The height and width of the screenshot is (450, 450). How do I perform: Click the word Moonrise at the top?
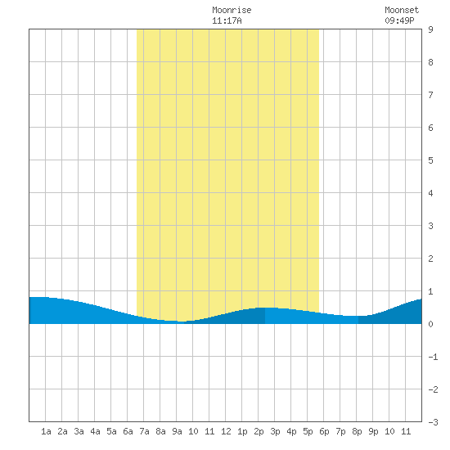coord(232,10)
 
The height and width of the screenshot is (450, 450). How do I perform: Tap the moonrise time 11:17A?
coord(227,20)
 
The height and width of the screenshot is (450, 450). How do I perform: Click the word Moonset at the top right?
coord(402,10)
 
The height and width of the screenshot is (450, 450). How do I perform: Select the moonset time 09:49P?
coord(399,20)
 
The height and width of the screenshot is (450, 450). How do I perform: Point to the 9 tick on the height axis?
coord(430,29)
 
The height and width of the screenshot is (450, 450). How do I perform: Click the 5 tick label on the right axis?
coord(430,160)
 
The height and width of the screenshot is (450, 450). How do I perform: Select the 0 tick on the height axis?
coord(430,324)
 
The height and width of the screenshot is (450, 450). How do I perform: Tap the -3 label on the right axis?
coord(433,422)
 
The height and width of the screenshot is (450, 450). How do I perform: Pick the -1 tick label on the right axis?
coord(433,357)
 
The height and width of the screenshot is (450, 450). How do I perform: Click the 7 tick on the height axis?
coord(430,95)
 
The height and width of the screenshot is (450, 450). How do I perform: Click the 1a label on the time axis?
coord(46,431)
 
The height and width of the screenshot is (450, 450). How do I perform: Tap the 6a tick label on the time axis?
coord(128,431)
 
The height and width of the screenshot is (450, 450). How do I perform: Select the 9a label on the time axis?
coord(177,431)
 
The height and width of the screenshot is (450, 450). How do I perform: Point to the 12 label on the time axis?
coord(226,431)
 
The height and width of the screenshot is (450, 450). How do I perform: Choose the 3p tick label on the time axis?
coord(275,431)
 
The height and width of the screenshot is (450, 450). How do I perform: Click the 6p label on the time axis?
coord(324,431)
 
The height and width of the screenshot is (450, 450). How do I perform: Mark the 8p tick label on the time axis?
coord(357,431)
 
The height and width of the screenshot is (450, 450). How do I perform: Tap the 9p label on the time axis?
coord(373,431)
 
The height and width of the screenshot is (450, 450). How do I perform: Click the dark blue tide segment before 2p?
coord(230,318)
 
